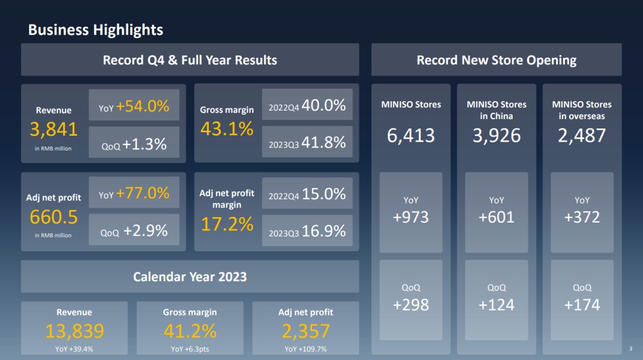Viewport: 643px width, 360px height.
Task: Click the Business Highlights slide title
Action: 95,30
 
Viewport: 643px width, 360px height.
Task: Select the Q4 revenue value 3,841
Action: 54,129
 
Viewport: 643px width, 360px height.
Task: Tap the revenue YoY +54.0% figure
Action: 143,107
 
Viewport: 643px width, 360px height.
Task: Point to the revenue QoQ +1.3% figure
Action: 145,144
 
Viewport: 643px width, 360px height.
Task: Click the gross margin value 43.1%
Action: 227,129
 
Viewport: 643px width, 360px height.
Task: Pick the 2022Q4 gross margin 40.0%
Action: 323,105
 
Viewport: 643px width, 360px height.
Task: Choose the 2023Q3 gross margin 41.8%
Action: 323,143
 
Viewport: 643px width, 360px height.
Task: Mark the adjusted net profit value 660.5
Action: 54,217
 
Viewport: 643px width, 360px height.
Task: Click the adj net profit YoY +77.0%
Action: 143,193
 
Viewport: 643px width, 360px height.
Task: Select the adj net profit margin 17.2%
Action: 227,224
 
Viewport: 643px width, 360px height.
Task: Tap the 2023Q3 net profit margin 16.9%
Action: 323,231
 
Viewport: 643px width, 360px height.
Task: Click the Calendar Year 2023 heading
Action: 190,277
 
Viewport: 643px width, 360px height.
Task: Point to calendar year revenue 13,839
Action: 74,331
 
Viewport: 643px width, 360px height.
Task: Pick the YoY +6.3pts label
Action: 190,349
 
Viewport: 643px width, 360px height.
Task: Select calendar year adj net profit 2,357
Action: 305,331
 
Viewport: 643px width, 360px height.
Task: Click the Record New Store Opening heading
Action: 497,60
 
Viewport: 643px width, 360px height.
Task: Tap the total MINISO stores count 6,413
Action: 411,136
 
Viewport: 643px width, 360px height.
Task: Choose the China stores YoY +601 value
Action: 497,217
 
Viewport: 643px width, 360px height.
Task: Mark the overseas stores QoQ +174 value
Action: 582,305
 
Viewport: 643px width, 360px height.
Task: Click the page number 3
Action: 630,349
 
